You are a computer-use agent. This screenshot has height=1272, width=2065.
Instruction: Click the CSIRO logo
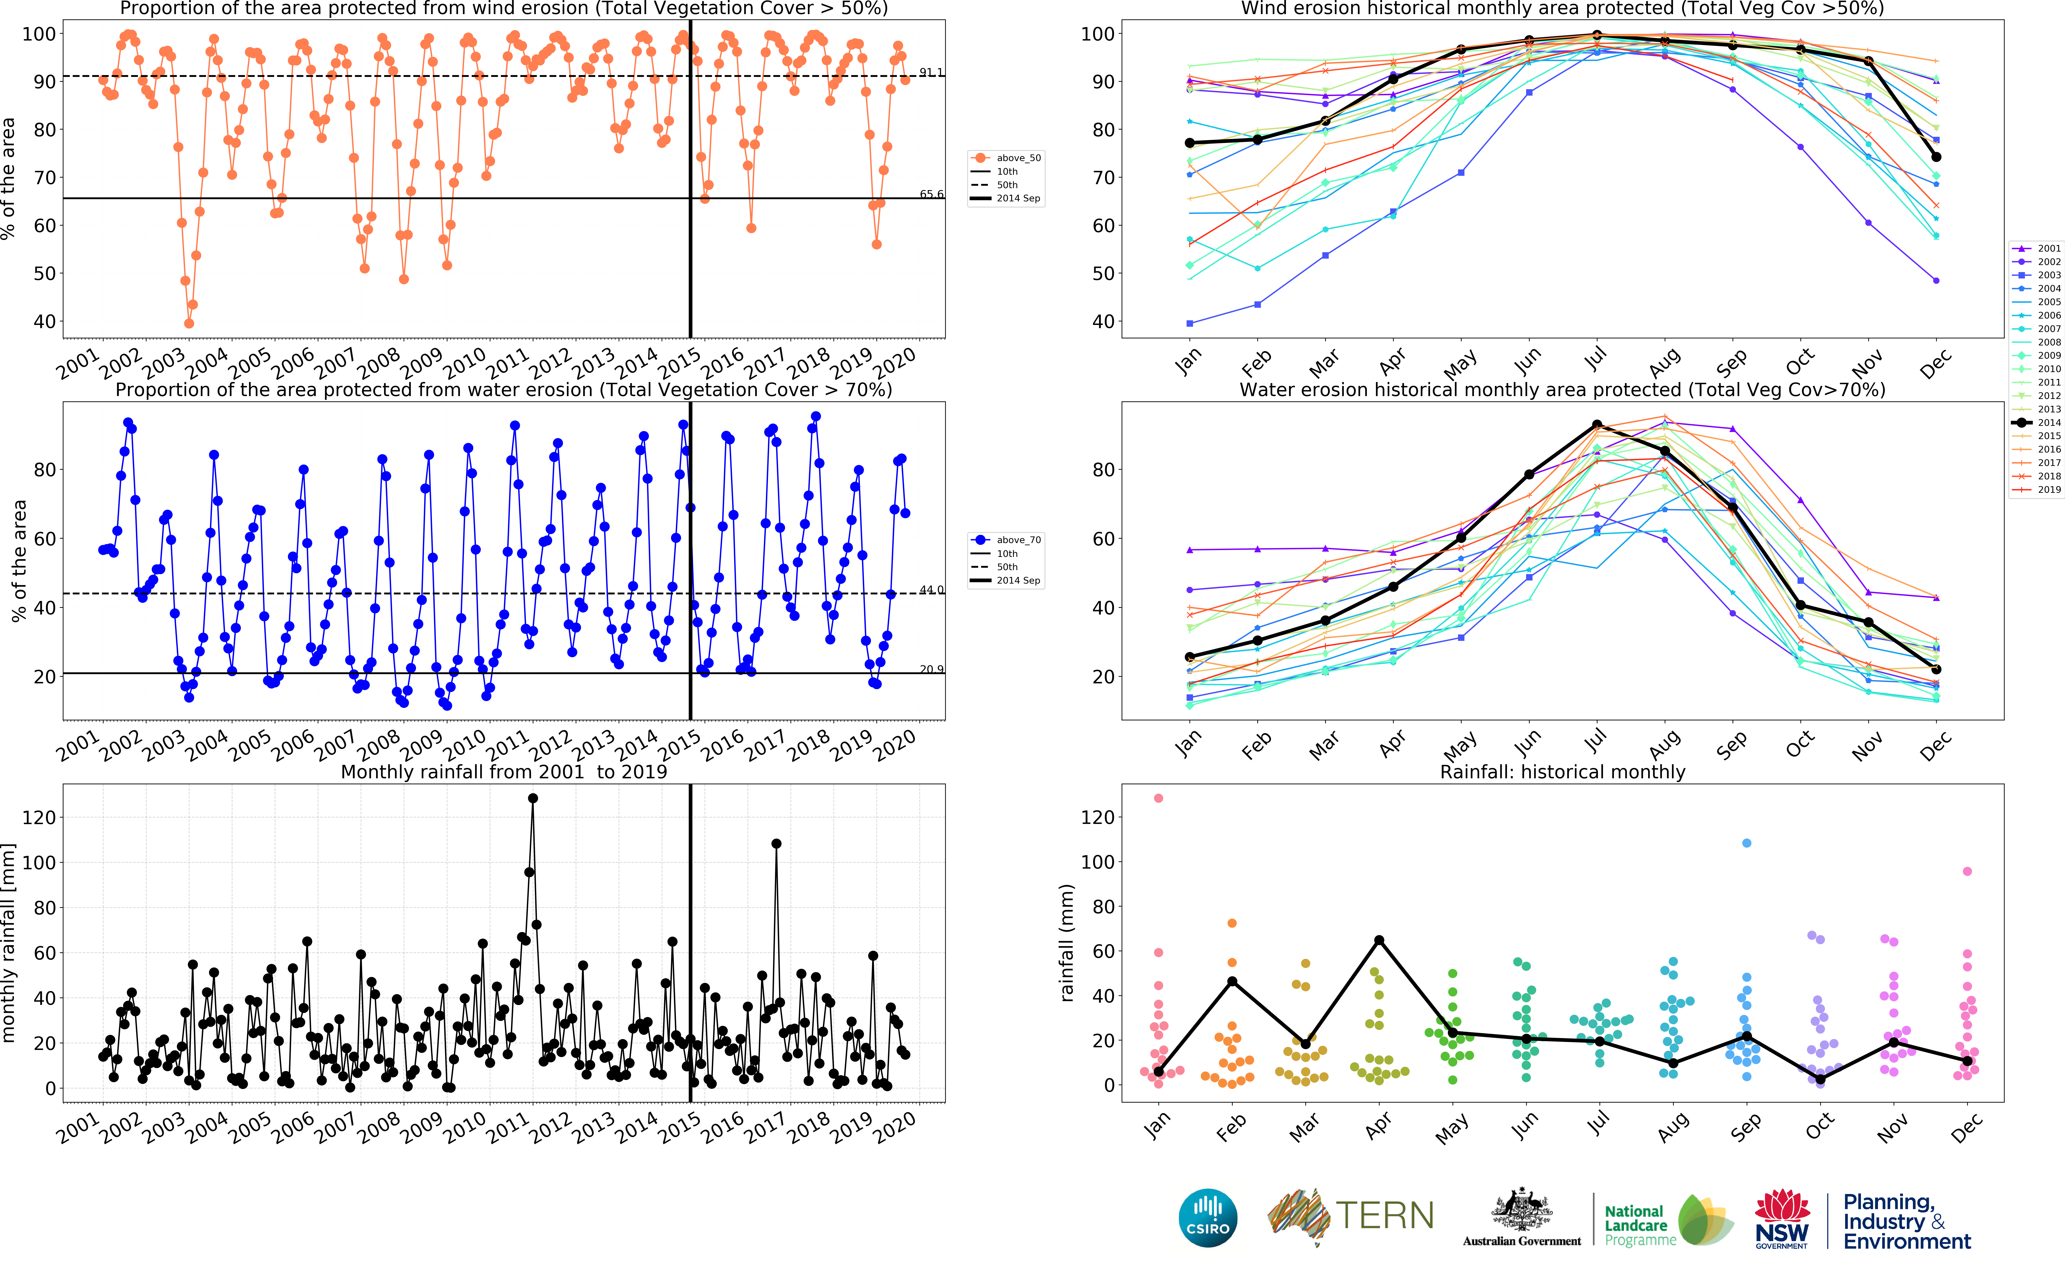coord(1208,1217)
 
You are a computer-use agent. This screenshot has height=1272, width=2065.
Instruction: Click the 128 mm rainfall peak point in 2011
coord(532,798)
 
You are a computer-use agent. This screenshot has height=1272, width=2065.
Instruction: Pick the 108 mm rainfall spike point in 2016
coord(776,844)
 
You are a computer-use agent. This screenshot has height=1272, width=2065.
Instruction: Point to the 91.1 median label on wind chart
coord(931,72)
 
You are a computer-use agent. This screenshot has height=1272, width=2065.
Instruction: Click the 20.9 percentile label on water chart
coord(931,670)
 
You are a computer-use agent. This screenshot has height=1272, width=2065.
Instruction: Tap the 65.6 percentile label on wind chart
coord(931,194)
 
